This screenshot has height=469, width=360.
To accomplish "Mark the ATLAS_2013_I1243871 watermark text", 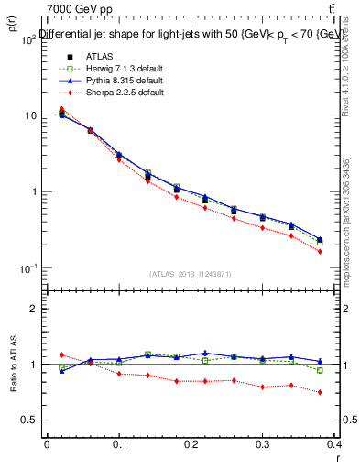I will (x=191, y=275).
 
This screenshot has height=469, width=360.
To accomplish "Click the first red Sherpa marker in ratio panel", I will (x=61, y=354).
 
